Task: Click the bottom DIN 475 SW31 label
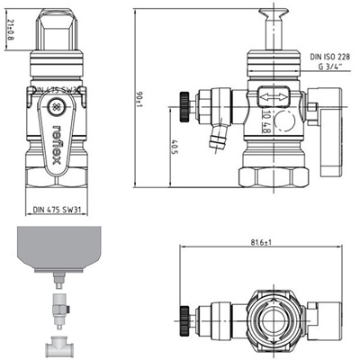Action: coord(58,210)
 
